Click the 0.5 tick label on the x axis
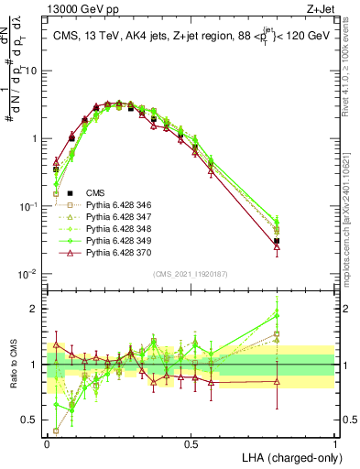(191, 443)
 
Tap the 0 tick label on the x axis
(47, 443)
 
